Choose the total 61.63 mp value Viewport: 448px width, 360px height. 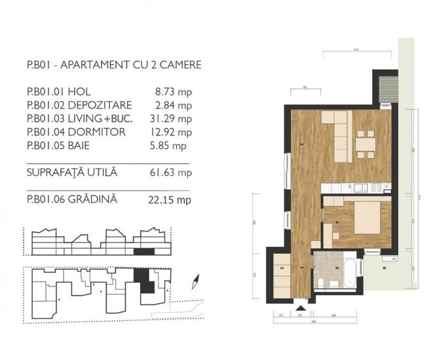point(175,173)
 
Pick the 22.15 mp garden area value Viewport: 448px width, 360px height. point(175,200)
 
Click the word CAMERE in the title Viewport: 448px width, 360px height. point(181,65)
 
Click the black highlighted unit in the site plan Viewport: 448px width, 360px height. point(147,282)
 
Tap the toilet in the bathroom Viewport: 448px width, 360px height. point(320,282)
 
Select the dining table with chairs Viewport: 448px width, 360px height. point(365,144)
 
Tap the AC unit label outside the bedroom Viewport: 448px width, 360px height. point(394,259)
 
